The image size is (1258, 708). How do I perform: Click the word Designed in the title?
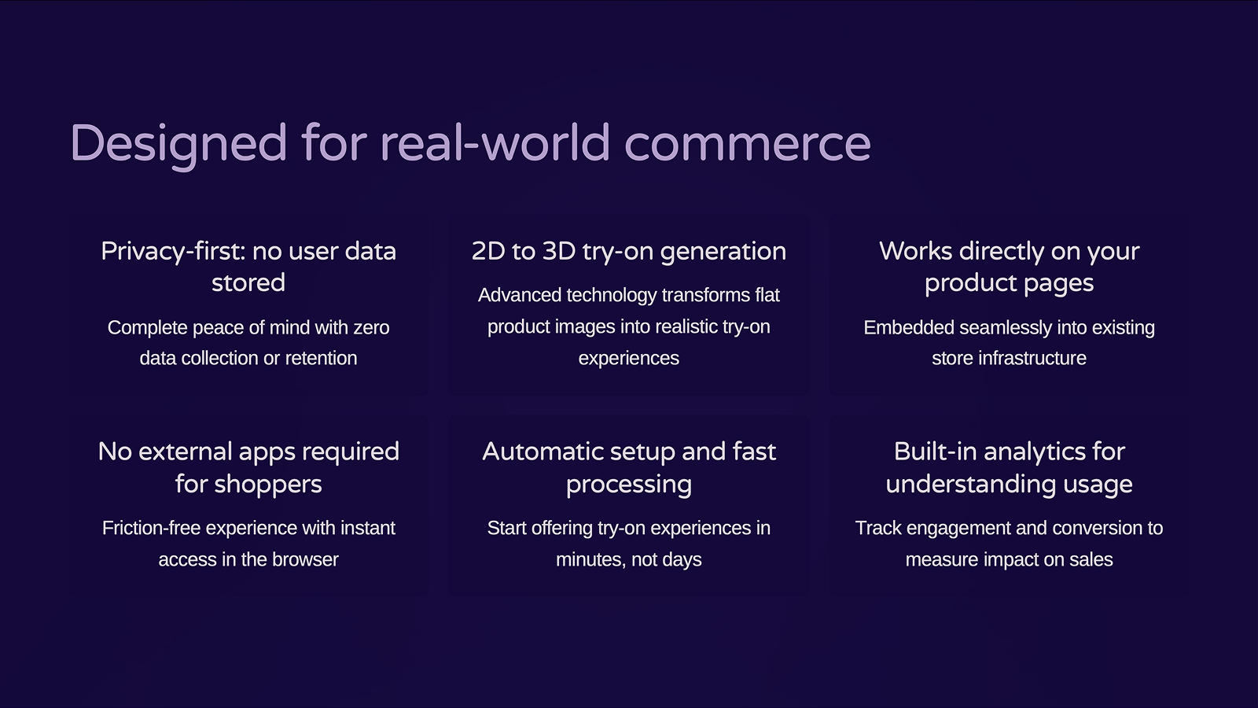pyautogui.click(x=178, y=145)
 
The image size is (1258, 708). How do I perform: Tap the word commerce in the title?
pyautogui.click(x=748, y=143)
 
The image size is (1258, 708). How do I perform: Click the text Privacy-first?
pyautogui.click(x=173, y=252)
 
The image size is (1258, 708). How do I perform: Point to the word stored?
pyautogui.click(x=248, y=282)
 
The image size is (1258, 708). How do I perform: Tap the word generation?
pyautogui.click(x=723, y=252)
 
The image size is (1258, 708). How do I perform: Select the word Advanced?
pyautogui.click(x=520, y=295)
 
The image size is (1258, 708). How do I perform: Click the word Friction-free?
pyautogui.click(x=153, y=528)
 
